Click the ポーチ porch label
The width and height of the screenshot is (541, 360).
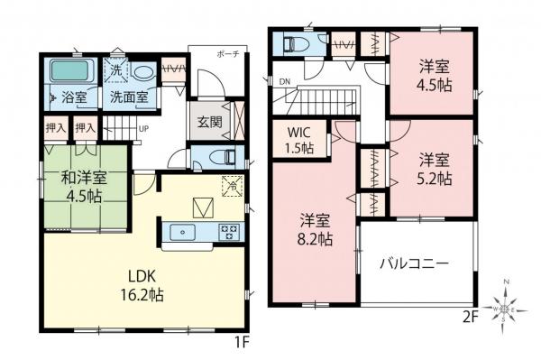point(227,55)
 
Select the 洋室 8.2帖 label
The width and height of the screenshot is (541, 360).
point(316,231)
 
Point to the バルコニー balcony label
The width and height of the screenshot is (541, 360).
point(415,264)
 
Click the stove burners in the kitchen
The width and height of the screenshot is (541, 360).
point(227,232)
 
